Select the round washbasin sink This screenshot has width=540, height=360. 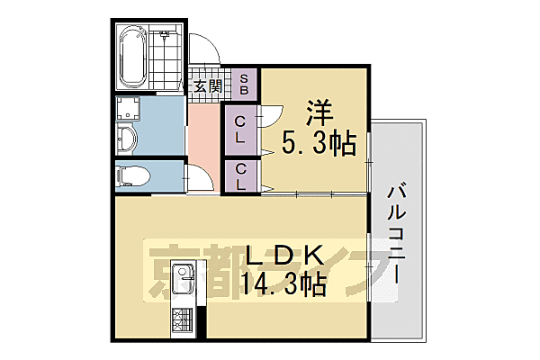click(x=128, y=139)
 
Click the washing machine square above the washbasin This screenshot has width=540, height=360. click(x=129, y=109)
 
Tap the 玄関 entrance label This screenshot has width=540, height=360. click(x=208, y=87)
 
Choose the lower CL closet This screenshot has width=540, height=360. click(x=240, y=175)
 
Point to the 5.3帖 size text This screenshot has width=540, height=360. click(x=319, y=143)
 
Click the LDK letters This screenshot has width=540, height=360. click(x=278, y=256)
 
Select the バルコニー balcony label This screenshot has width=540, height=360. click(x=396, y=234)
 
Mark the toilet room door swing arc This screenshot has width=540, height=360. click(x=200, y=178)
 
